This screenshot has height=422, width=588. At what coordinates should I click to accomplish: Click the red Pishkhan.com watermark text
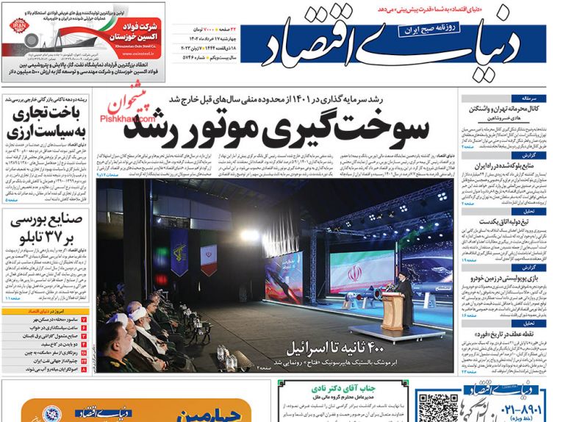click(x=134, y=115)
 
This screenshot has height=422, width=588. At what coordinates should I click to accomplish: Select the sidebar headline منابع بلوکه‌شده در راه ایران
click(x=507, y=167)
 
